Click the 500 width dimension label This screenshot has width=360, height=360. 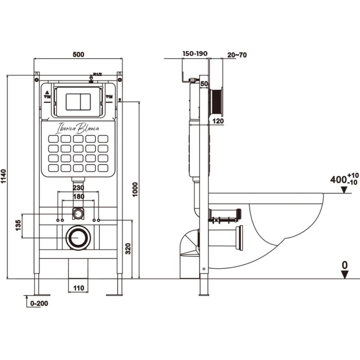(x=78, y=54)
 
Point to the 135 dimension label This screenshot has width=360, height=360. (x=18, y=225)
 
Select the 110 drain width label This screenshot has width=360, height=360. (x=79, y=287)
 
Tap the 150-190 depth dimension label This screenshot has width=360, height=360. (x=194, y=54)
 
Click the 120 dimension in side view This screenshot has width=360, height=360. (x=218, y=121)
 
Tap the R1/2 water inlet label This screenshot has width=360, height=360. (x=98, y=74)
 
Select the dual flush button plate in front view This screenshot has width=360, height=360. (x=79, y=101)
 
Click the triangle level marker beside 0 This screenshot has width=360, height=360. (x=345, y=274)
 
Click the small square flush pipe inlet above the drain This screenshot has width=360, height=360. (x=78, y=211)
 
